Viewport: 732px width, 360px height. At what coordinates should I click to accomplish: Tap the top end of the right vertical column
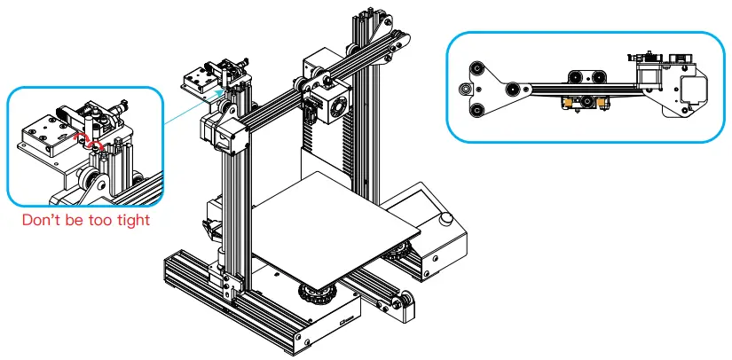pos(366,18)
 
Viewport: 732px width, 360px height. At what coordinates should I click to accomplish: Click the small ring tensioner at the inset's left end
pos(464,89)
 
